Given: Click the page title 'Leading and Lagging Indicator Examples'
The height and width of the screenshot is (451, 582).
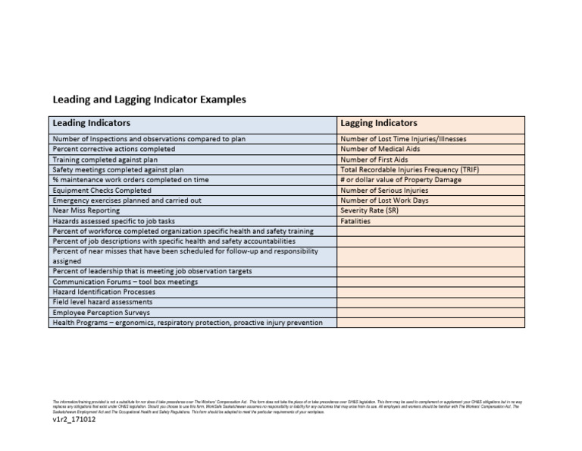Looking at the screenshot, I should [149, 99].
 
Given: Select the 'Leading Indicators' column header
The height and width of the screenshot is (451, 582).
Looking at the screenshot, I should [91, 123].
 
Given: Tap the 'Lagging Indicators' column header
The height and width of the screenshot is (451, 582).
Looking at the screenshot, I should [379, 123].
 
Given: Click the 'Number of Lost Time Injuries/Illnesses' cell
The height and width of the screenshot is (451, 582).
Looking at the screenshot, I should [403, 139].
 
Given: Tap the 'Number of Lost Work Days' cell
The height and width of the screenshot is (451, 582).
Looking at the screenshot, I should [384, 200].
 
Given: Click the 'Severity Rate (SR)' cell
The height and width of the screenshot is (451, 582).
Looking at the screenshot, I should [369, 210].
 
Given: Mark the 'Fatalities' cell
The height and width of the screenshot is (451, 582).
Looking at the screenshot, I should [355, 221].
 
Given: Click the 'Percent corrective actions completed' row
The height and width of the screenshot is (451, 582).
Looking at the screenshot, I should [114, 150].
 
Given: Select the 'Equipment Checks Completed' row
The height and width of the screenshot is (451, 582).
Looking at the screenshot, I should [102, 191].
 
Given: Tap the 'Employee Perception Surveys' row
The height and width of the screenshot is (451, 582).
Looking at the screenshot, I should [101, 312].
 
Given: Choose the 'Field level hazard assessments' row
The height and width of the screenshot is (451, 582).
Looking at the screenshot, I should [103, 302].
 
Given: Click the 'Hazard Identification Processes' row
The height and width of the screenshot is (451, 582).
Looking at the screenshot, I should [104, 292].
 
